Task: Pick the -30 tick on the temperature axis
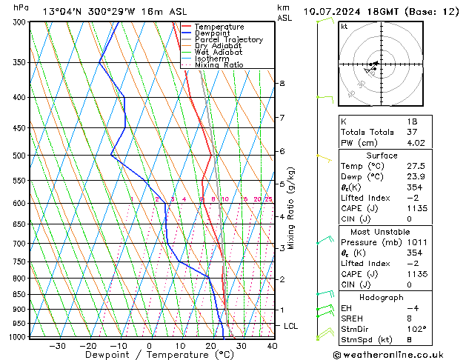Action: pos(57,346)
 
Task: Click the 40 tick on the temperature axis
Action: pos(272,346)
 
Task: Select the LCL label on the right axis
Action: pos(291,326)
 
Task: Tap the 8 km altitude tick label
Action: pos(282,84)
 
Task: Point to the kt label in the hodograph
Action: pos(344,27)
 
